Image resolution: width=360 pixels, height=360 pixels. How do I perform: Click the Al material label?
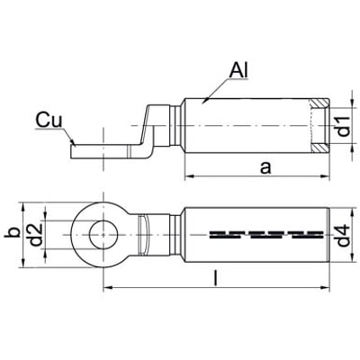[238, 71]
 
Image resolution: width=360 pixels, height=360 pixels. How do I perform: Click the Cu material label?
[49, 121]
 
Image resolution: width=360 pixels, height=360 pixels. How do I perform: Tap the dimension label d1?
[344, 126]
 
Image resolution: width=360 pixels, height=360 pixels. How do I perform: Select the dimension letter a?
[265, 168]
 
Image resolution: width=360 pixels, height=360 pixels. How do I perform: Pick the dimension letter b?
[12, 232]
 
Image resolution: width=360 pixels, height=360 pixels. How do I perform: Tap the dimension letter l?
[215, 278]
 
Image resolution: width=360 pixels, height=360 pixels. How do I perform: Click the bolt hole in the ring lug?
[103, 235]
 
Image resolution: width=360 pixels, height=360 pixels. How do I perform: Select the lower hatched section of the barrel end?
[319, 148]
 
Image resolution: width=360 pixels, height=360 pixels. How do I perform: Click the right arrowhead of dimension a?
[325, 177]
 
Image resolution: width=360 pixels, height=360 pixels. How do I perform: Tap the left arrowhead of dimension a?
[189, 177]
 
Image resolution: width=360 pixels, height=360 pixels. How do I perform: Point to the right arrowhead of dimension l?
[325, 288]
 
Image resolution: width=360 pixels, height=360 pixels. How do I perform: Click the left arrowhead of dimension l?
[108, 288]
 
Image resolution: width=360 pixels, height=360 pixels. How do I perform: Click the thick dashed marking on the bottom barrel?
[266, 235]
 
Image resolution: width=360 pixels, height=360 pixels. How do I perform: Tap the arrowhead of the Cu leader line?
[72, 141]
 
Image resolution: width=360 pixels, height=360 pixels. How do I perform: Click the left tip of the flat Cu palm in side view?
[71, 151]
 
